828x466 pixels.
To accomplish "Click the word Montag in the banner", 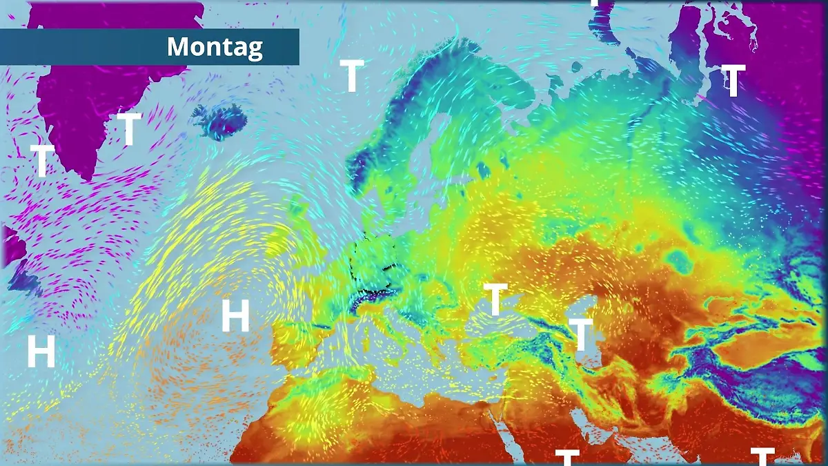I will point(215,47).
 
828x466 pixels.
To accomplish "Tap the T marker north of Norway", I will point(352,76).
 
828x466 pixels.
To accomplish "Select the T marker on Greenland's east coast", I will point(129,129).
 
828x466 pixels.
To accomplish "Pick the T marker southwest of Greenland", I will point(43,161).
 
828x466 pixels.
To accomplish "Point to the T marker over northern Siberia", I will point(733,81).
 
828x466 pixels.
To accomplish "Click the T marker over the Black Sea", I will point(495,299).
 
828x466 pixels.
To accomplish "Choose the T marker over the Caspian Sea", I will point(582,335).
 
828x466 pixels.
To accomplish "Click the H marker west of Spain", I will point(235,316).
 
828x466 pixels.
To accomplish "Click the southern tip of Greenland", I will point(86,176).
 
